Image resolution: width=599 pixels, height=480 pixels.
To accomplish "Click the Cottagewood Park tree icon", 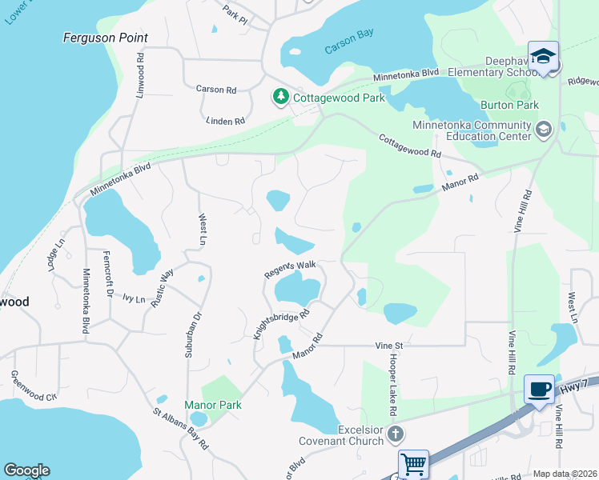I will (x=280, y=98).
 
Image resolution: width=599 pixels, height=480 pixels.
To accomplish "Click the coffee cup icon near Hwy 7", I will (x=539, y=389).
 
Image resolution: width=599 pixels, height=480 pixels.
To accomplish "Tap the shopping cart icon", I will (x=413, y=463).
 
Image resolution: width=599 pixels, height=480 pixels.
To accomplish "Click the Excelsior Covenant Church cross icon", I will (x=394, y=434).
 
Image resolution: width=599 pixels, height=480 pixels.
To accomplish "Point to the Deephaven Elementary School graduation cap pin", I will (x=544, y=56).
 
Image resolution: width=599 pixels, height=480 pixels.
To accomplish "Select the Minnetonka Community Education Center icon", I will (x=543, y=130).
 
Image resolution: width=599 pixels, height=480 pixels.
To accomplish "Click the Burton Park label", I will (x=509, y=105).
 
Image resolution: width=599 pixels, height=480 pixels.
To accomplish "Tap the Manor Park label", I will (x=213, y=405).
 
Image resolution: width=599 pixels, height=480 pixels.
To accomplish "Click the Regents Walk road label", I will (x=291, y=269).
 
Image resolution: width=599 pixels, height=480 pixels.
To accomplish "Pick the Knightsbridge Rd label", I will (x=281, y=326).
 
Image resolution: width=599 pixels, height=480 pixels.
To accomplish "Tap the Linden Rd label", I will (x=225, y=121).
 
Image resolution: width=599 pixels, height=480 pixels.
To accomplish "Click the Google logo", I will (x=26, y=470).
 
